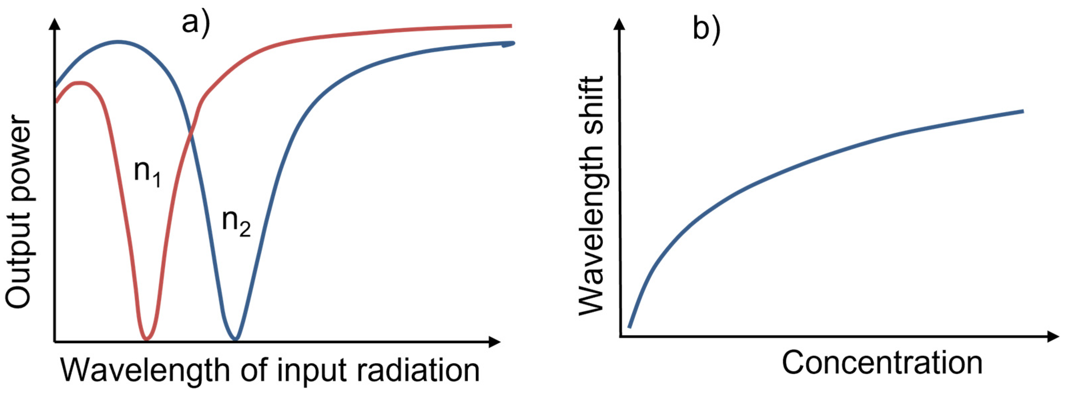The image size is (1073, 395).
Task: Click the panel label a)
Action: click(x=196, y=24)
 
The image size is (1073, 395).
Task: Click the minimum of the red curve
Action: click(x=146, y=338)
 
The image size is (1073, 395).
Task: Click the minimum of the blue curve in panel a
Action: click(x=236, y=338)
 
